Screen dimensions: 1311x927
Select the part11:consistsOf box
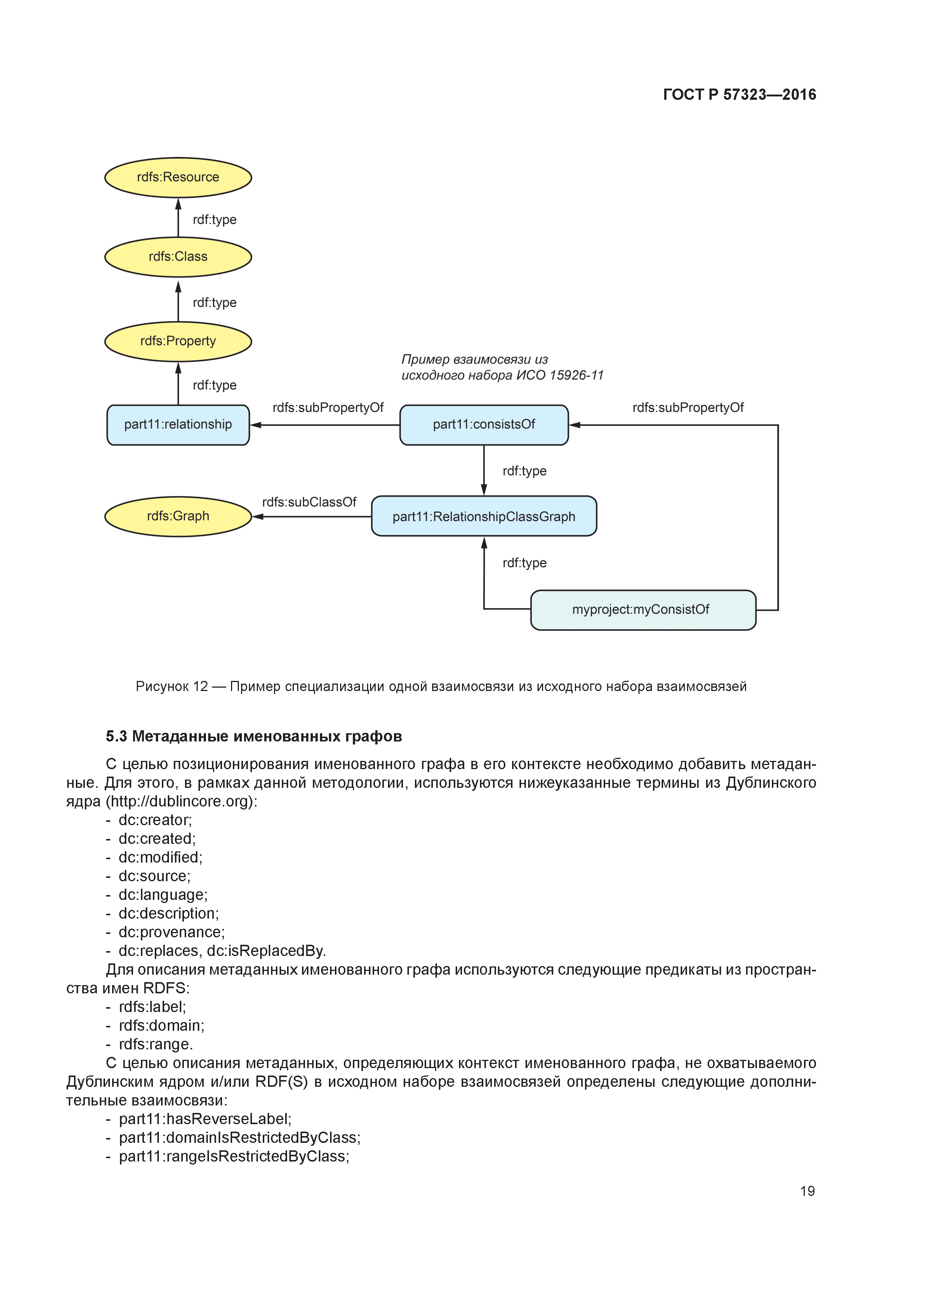(484, 425)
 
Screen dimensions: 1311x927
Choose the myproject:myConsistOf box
(643, 610)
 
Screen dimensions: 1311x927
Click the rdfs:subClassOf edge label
(309, 502)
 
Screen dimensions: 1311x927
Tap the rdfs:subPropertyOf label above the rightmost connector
(688, 408)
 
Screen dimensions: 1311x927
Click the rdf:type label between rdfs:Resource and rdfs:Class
(214, 220)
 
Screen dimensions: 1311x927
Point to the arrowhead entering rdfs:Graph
(258, 517)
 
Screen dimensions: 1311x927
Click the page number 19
(807, 1191)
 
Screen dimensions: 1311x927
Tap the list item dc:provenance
(171, 932)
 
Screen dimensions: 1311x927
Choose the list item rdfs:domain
(161, 1025)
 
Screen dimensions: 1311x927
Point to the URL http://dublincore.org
(181, 802)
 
